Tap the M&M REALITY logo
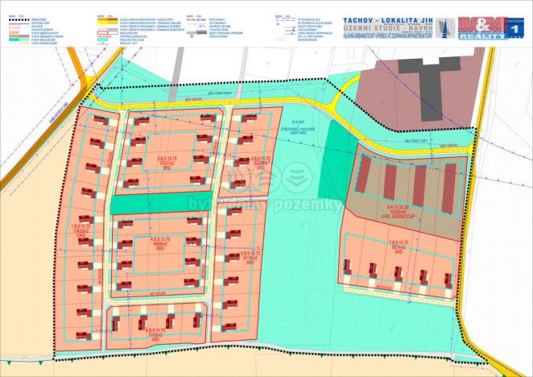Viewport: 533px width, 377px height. click(x=481, y=27)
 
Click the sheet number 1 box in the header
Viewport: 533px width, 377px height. click(x=514, y=27)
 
